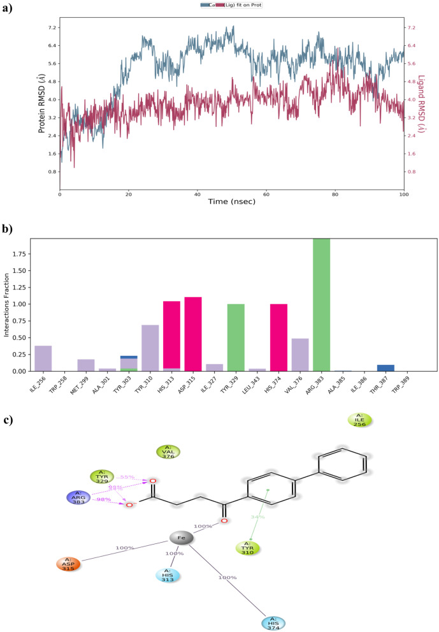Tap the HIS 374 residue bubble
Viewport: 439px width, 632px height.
273,622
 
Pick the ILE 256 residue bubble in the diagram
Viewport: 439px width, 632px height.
359,420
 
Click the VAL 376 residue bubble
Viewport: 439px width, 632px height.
169,452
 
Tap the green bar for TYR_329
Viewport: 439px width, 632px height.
236,337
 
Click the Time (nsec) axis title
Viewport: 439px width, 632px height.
231,202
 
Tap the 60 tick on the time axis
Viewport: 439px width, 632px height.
266,193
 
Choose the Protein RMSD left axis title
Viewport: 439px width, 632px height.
41,105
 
